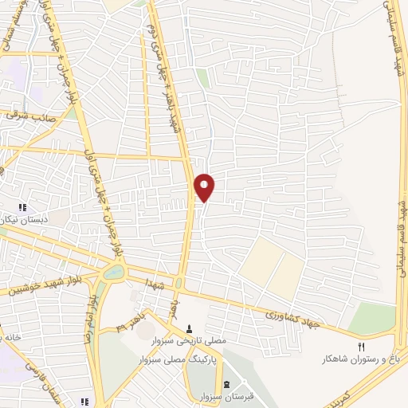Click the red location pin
(205, 186)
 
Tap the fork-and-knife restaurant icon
(361, 347)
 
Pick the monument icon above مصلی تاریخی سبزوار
(190, 328)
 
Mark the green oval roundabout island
(113, 273)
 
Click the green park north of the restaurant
(371, 318)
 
